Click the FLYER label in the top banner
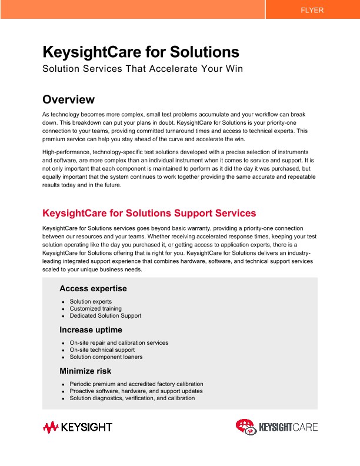pos(312,10)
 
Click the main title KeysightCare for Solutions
pos(141,52)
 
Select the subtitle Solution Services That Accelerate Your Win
pos(143,69)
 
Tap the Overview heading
pos(68,99)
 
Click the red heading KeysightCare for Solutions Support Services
pos(149,212)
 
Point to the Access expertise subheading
pos(93,288)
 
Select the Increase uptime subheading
pos(91,329)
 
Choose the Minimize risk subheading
pos(85,371)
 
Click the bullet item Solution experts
pos(91,301)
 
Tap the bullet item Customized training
pos(95,308)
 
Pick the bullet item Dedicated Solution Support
pos(105,315)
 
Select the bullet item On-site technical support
pos(102,349)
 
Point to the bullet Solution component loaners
pos(106,357)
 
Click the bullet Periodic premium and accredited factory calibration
pos(136,384)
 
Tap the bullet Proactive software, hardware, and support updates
pos(136,391)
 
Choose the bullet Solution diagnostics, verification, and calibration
pos(132,398)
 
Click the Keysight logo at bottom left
pos(77,427)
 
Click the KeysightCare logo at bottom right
pos(276,427)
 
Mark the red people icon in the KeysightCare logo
pos(246,427)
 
